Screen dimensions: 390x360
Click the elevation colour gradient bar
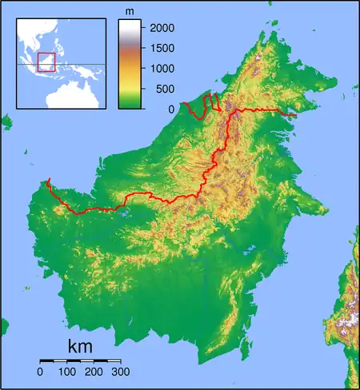(130, 64)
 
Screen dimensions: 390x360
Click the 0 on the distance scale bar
(41, 372)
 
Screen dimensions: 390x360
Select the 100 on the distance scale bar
(67, 372)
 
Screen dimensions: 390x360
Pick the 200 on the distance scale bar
(94, 372)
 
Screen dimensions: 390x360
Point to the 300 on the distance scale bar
(121, 372)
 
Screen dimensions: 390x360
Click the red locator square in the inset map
(46, 62)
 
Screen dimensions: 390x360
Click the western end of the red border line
(50, 180)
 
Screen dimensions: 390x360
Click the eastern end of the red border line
(295, 114)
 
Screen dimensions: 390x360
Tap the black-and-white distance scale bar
(80, 361)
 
